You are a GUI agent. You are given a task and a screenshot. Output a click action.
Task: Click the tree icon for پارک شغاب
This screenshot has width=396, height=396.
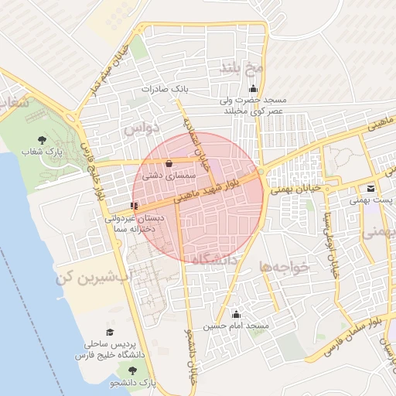click(42, 139)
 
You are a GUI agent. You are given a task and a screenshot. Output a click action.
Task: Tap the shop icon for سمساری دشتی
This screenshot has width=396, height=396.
click(169, 163)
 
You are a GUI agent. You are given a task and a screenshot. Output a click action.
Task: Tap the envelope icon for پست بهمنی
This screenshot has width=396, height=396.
click(371, 189)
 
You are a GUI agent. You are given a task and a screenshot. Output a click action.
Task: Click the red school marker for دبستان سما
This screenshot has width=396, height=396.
click(135, 206)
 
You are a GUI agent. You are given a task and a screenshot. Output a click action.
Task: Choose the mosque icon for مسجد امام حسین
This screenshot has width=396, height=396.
click(236, 315)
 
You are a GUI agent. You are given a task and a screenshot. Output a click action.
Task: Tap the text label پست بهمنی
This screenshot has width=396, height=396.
click(374, 200)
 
